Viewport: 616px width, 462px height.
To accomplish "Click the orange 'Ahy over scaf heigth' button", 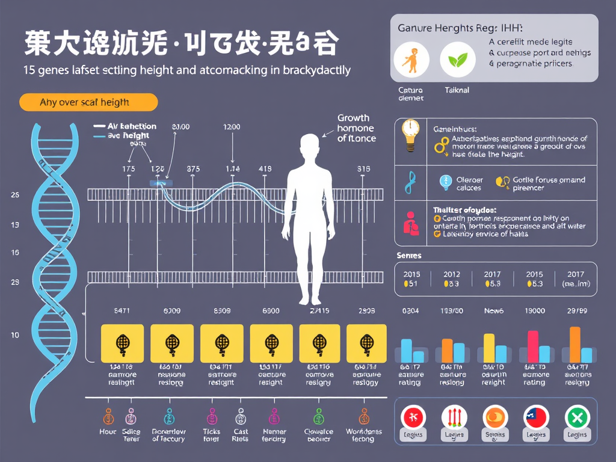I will [x=88, y=102].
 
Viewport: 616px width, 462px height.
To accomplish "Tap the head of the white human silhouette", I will [x=310, y=146].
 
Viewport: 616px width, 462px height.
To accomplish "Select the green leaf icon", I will [x=458, y=61].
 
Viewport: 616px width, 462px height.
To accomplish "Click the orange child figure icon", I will [x=411, y=61].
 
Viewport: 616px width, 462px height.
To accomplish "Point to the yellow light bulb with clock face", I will [x=410, y=134].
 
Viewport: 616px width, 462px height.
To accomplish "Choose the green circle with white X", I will [x=577, y=417].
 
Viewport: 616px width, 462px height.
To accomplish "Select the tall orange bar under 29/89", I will [x=574, y=344].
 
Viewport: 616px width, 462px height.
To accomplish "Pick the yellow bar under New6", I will [x=489, y=348].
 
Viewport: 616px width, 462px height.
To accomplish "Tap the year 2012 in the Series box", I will [x=451, y=274].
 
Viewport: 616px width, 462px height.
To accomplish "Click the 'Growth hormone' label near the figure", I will [x=356, y=128].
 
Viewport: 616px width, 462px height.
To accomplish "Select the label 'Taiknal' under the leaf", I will [x=457, y=90].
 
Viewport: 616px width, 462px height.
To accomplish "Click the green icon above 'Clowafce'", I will [x=318, y=416].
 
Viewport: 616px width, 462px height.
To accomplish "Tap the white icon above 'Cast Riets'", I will [x=240, y=416].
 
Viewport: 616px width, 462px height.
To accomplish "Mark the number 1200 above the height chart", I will [x=232, y=127].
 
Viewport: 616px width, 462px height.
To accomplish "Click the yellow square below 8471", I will [x=122, y=344].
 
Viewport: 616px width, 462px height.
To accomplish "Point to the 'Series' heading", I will [x=409, y=256].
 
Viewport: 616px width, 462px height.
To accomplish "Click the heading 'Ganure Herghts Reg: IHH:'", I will [x=460, y=28].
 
